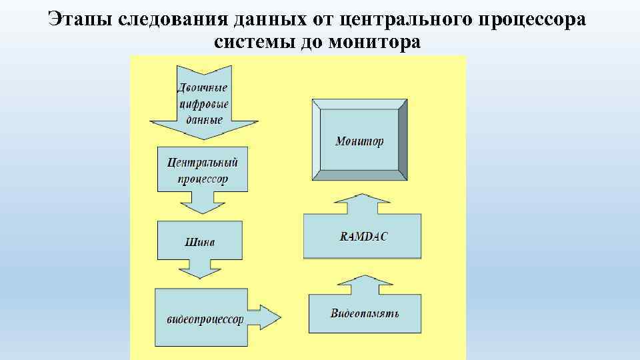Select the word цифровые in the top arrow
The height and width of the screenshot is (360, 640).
(204, 104)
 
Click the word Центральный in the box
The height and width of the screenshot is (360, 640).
(203, 162)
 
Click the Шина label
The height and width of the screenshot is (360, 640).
(200, 242)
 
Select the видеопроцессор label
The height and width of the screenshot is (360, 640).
(205, 319)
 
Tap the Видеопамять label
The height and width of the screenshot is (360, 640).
(365, 313)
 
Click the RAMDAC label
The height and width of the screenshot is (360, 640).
(364, 236)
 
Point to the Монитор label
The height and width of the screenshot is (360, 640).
(359, 141)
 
